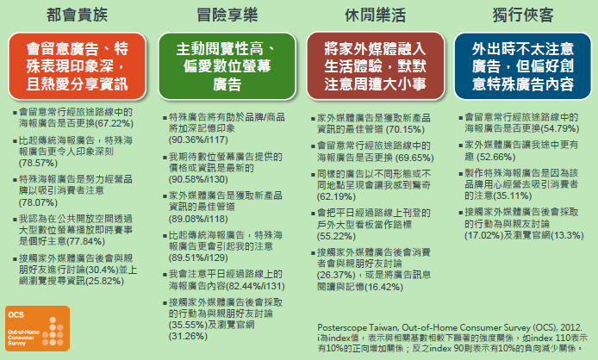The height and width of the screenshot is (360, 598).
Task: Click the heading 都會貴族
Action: coord(77,15)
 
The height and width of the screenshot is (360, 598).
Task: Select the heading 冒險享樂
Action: coord(227,15)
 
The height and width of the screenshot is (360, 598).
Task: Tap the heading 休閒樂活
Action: coord(376,15)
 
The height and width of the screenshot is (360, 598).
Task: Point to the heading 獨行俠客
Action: coord(523,15)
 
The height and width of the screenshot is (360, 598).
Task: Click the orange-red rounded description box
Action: coord(77,66)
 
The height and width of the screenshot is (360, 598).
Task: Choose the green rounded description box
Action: coord(227,66)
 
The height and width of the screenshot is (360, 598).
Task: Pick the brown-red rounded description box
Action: coord(376,66)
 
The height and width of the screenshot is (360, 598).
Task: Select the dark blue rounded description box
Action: coord(523,66)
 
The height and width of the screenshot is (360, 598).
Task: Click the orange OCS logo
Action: coord(37,328)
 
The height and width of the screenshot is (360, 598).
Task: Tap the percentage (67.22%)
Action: coord(114,123)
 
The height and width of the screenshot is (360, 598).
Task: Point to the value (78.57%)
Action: coord(38,164)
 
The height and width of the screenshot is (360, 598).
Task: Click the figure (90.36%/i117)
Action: coord(198,140)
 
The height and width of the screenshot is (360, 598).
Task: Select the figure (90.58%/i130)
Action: coord(198,180)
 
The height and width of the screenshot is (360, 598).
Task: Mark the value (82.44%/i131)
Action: coord(255,286)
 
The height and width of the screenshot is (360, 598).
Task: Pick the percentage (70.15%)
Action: coord(405,130)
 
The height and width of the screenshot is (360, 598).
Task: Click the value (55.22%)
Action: coord(336,237)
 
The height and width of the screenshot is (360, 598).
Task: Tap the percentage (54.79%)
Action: coord(559,129)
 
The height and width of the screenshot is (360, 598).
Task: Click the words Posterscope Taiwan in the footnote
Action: coord(358,327)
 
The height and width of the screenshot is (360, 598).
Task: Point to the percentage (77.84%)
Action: coord(86,241)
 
